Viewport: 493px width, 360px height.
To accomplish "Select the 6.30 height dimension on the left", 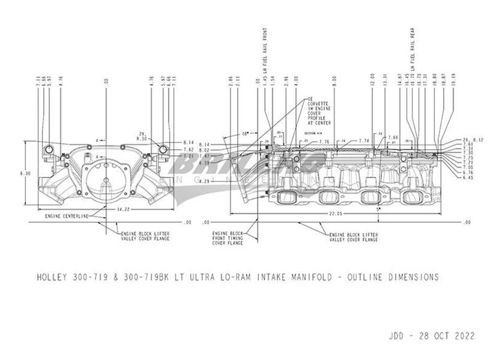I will point(25,174).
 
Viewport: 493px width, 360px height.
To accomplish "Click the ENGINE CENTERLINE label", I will point(67,216).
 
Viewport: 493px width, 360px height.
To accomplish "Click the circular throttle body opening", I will point(105,176).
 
